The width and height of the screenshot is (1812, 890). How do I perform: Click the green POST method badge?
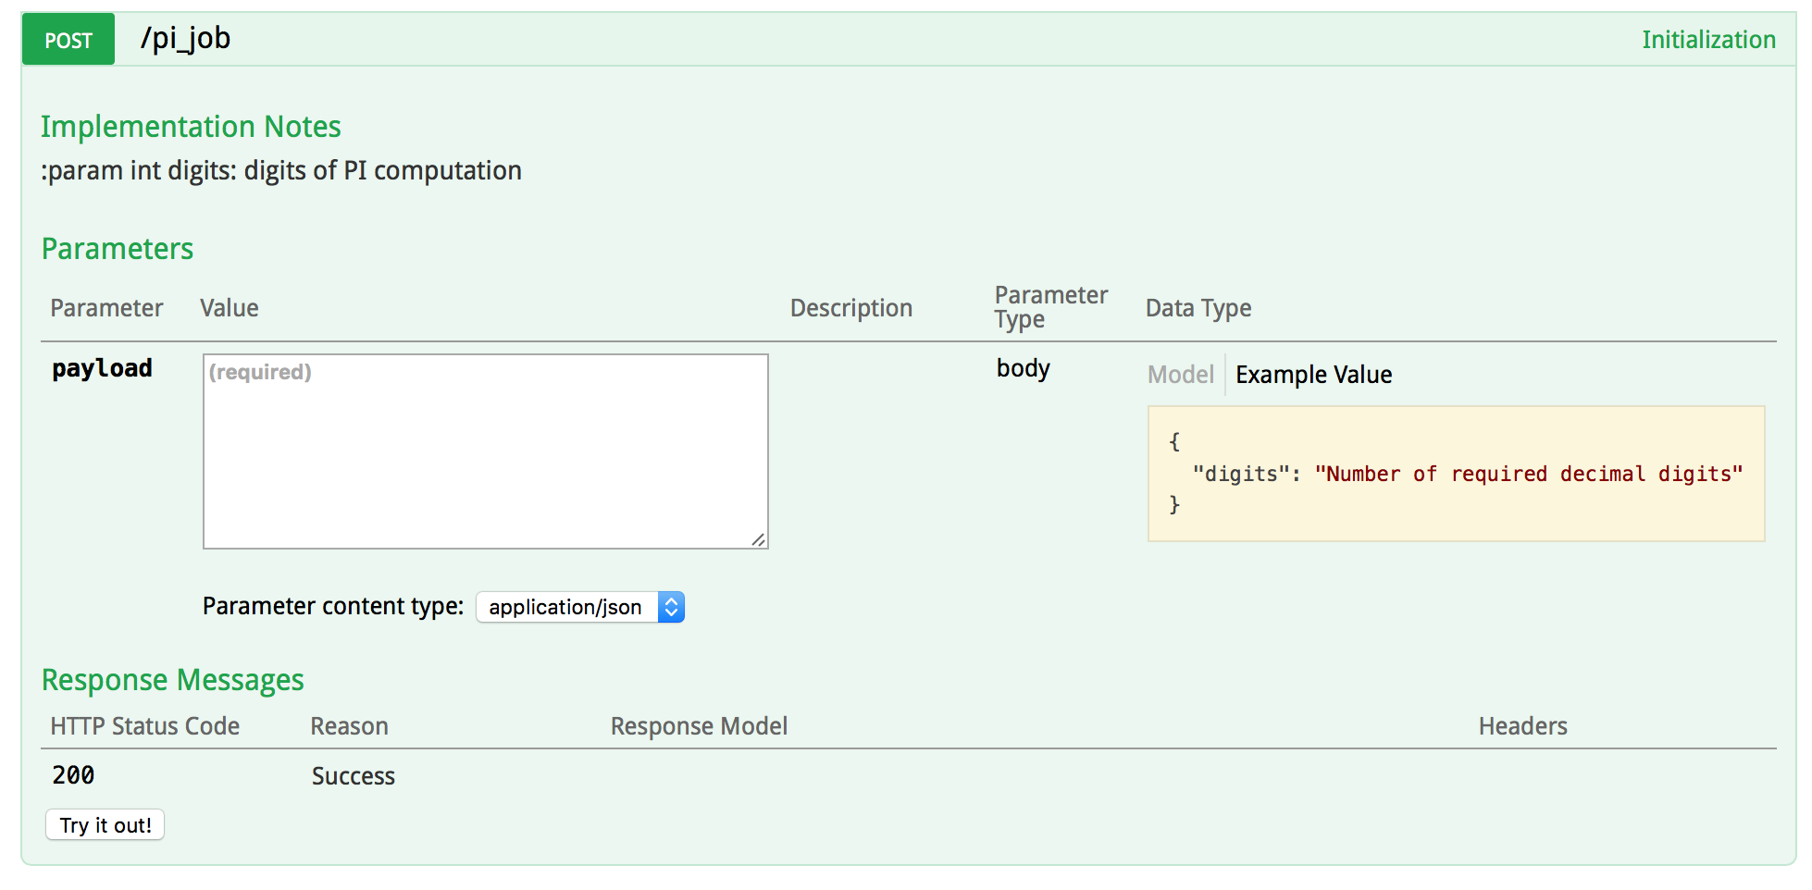tap(68, 40)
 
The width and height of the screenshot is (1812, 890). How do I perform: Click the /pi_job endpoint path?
tap(185, 38)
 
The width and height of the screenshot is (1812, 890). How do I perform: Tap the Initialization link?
tap(1707, 40)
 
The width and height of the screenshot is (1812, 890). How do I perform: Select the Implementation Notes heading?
tap(191, 127)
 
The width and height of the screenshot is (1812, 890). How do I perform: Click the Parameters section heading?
tap(118, 249)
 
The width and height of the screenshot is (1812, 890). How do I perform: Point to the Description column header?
tap(850, 308)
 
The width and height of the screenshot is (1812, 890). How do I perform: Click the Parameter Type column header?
tap(1050, 307)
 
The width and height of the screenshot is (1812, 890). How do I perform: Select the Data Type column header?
tap(1198, 308)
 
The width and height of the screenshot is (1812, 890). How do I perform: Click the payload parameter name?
tap(102, 368)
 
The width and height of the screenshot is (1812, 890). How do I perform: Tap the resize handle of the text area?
tap(758, 539)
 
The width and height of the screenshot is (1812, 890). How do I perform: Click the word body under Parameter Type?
tap(1023, 368)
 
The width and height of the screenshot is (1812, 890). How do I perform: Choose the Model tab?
tap(1180, 375)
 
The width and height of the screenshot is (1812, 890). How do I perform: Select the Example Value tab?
tap(1313, 375)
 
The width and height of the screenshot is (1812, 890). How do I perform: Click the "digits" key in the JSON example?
tap(1240, 474)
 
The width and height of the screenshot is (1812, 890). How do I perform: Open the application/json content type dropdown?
tap(580, 607)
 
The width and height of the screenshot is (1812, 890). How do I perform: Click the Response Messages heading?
tap(173, 680)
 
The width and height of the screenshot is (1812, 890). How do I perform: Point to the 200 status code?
tap(73, 775)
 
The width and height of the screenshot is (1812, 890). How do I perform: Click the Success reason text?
tap(353, 776)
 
